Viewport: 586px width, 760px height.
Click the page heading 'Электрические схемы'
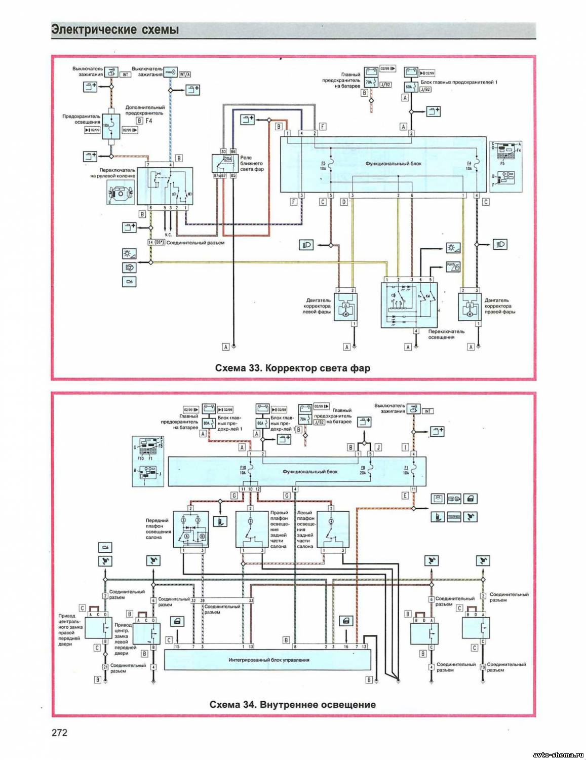point(115,30)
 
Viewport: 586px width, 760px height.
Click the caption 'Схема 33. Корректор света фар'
point(292,368)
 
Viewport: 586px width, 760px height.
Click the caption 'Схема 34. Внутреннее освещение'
point(292,704)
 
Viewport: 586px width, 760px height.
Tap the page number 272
point(59,732)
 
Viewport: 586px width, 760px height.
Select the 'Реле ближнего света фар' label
point(252,163)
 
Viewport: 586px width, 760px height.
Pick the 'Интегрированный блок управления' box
point(268,660)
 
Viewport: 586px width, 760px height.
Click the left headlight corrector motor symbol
point(345,307)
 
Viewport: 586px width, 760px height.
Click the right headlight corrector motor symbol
point(470,307)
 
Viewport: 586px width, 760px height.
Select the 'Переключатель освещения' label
point(446,334)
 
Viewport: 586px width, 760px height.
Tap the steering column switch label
point(113,173)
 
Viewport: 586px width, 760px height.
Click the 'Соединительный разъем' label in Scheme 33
point(196,243)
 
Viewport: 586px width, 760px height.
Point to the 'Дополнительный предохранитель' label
point(145,110)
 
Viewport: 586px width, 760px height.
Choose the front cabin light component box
point(191,529)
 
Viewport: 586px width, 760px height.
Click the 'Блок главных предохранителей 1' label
point(459,82)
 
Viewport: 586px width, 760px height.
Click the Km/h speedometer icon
point(453,267)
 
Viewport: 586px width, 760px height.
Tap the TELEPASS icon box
point(454,517)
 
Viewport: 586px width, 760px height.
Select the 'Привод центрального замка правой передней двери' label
point(69,630)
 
